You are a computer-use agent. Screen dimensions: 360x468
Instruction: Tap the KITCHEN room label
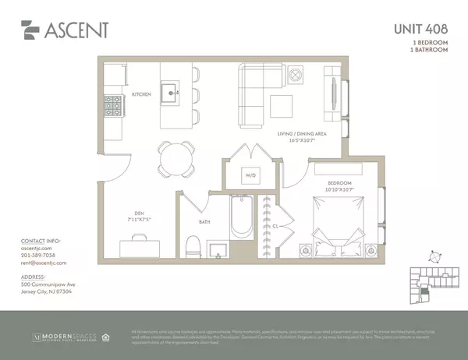point(141,94)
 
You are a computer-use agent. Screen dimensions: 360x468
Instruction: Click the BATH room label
point(203,221)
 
